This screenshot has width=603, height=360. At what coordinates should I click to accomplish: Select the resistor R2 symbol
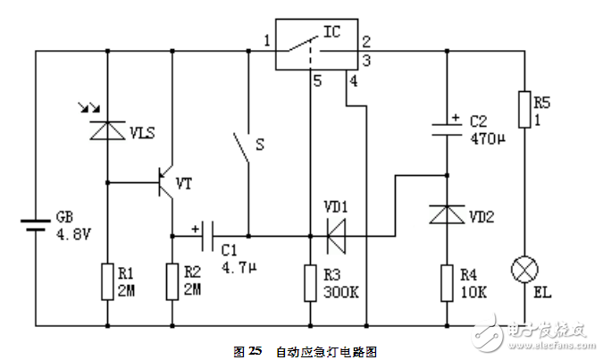pos(173,281)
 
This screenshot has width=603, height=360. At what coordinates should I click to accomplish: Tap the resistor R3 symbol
pos(309,281)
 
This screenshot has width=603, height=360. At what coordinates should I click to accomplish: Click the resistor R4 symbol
pos(445,281)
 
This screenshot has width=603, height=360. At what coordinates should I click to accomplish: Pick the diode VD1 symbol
pos(337,237)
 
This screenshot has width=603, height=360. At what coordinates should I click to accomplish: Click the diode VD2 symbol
pos(445,214)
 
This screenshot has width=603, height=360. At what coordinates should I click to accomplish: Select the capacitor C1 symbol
pos(208,237)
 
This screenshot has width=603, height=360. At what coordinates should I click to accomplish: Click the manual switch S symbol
pos(241,147)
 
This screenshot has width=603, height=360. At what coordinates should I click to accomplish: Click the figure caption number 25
pos(255,350)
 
